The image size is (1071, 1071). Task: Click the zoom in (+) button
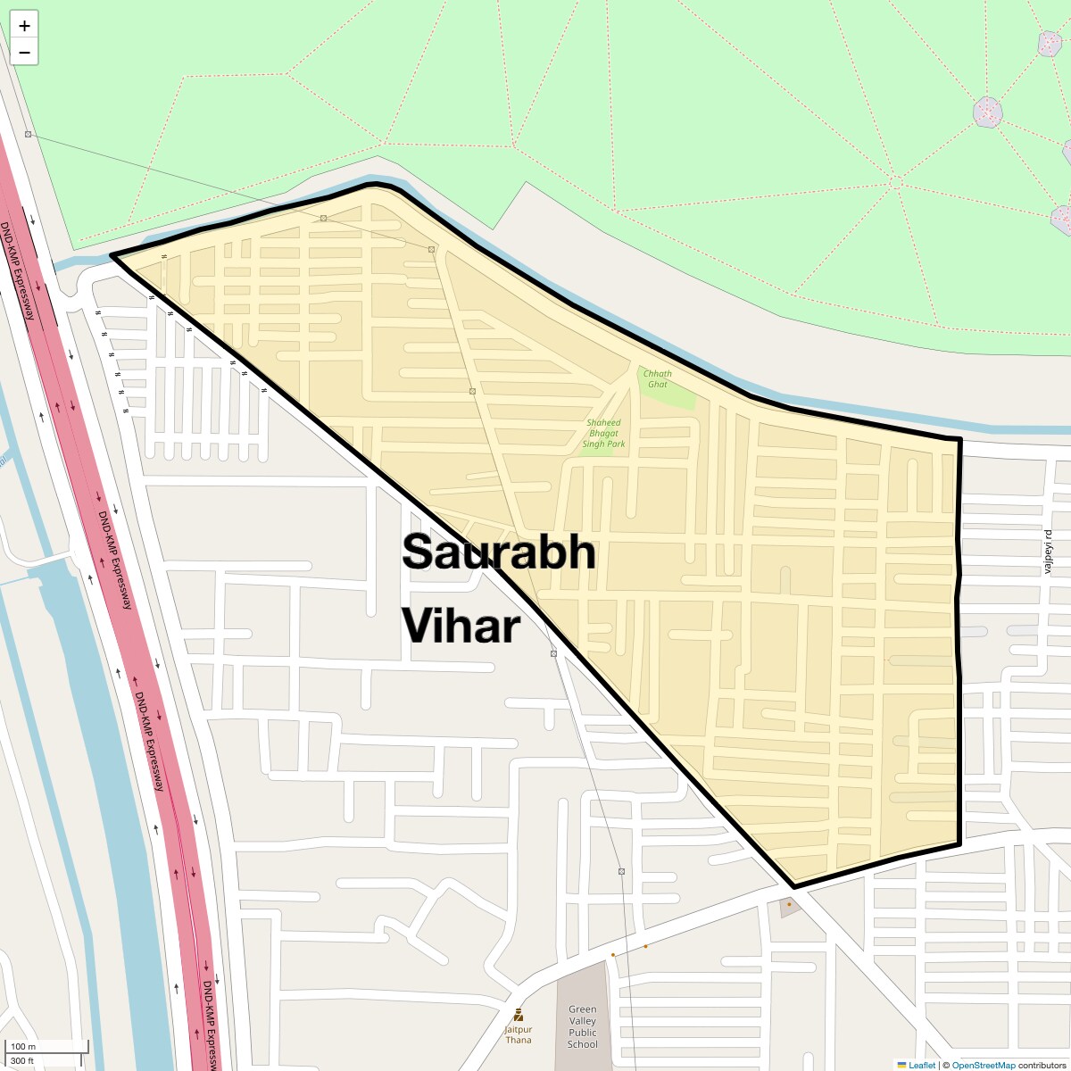tap(24, 26)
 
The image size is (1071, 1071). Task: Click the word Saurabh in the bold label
tap(498, 552)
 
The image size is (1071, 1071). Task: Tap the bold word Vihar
tap(461, 626)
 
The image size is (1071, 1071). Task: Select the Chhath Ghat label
tap(657, 379)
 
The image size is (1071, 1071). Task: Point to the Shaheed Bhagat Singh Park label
tap(603, 433)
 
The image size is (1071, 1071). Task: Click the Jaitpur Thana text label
tap(519, 1034)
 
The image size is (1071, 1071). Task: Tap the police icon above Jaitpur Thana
tap(519, 1015)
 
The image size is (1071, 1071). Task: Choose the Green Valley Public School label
tap(582, 1026)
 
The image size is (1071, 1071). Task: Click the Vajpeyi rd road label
tap(1050, 552)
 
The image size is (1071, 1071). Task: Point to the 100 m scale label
tap(23, 1046)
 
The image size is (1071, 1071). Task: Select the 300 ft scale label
tap(22, 1060)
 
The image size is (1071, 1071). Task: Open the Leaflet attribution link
tap(922, 1065)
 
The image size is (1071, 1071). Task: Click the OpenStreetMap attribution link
tap(983, 1065)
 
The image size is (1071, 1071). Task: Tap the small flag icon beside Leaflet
tap(901, 1065)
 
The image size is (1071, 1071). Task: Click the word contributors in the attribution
tap(1042, 1065)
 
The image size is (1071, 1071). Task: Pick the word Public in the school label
tap(582, 1033)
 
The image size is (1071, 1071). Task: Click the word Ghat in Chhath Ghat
tap(657, 385)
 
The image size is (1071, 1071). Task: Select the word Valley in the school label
tap(582, 1021)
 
